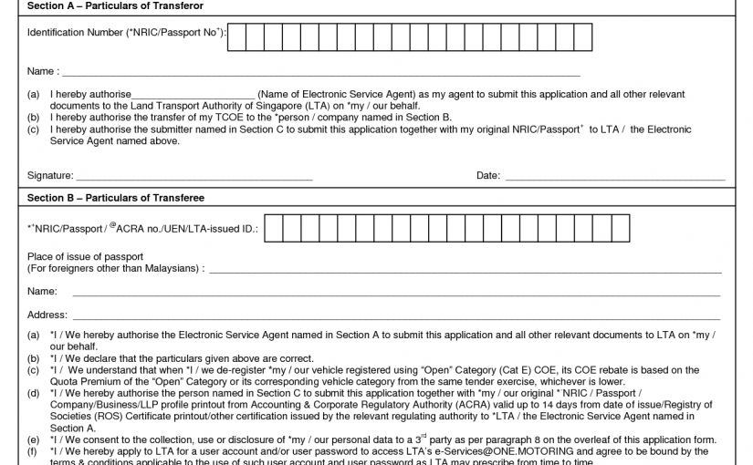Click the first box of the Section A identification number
tap(240, 36)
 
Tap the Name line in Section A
tap(319, 72)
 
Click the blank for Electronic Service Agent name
tap(193, 95)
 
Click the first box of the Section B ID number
tap(277, 229)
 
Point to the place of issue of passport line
tap(465, 270)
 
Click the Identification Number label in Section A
tap(125, 33)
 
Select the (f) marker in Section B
tap(33, 451)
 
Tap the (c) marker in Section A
tap(33, 129)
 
